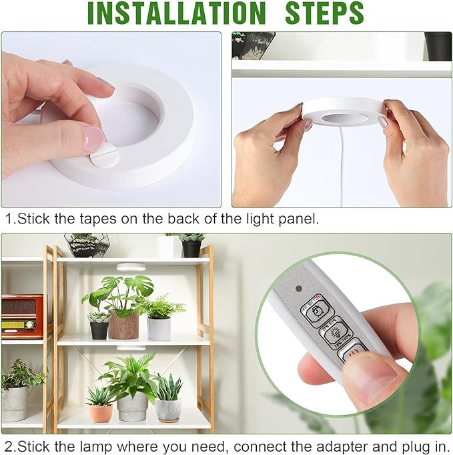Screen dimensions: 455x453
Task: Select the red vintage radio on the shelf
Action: coord(21,316)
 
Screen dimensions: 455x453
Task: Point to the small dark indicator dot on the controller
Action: coord(298,290)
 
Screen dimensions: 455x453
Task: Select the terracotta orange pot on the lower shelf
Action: coord(101,413)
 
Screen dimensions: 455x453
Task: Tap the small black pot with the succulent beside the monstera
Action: coord(99,330)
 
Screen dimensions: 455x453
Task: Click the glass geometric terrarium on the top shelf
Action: coord(84,245)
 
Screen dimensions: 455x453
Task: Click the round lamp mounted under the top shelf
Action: coord(131,267)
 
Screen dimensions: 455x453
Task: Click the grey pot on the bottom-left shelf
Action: coord(15,404)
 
